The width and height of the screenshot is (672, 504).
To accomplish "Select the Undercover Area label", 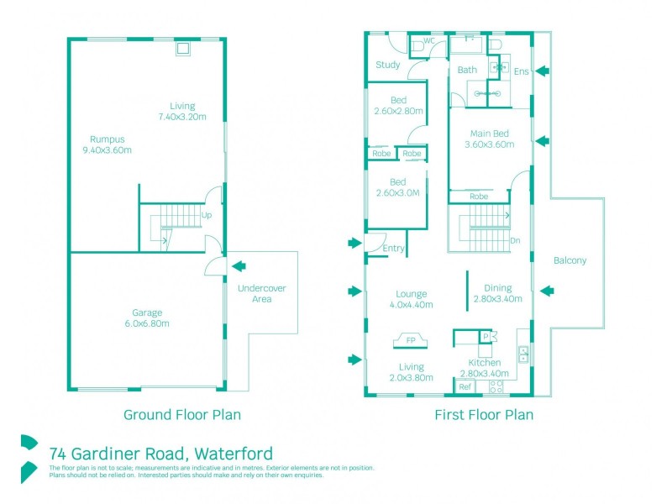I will click(x=262, y=293).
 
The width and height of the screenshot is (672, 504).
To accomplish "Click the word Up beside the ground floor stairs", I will click(x=206, y=215).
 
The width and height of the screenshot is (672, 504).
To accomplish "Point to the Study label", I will click(x=388, y=65).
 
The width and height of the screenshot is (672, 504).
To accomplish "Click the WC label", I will click(x=428, y=40).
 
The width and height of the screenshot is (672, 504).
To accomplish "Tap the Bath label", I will click(x=467, y=71).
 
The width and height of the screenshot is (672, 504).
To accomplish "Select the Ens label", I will click(x=521, y=71).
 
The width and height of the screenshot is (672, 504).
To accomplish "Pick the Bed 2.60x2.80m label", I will click(x=398, y=105).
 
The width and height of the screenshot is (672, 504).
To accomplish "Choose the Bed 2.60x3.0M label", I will click(x=397, y=187).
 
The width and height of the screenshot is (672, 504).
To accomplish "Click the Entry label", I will click(x=393, y=249).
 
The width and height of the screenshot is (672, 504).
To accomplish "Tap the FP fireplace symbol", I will click(x=411, y=341).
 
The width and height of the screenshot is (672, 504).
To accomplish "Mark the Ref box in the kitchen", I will click(x=465, y=386).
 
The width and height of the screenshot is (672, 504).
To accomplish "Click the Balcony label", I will click(x=570, y=260).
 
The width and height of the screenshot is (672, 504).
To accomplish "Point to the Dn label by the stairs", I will click(x=515, y=240).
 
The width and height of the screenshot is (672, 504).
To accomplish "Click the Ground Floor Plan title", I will click(x=182, y=414).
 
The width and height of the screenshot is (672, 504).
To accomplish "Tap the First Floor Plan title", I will click(x=483, y=414).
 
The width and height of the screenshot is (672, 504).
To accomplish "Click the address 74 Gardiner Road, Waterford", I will click(x=160, y=453).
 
